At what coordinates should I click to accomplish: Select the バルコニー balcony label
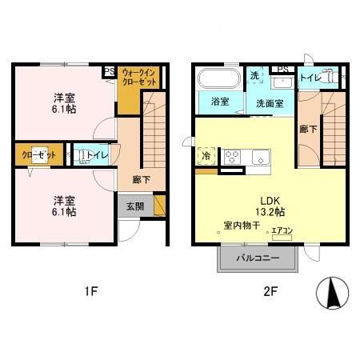(257, 258)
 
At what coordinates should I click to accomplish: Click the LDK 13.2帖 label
(268, 205)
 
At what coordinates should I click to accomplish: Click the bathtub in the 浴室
(218, 80)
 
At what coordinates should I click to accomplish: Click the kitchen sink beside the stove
(260, 156)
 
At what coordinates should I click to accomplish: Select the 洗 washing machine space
(254, 76)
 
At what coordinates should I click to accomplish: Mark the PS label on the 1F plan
(109, 72)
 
